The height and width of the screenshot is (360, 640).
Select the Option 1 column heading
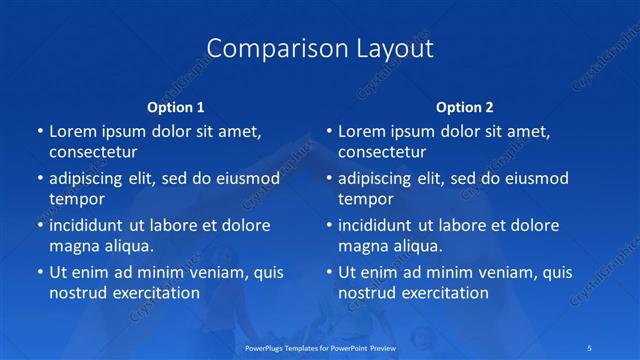176,106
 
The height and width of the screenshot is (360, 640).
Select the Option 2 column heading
465,106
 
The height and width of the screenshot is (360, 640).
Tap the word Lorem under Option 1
71,131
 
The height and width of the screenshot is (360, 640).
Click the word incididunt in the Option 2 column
380,225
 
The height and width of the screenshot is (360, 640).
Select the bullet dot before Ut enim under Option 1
39,272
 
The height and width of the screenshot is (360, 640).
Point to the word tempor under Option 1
77,199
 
